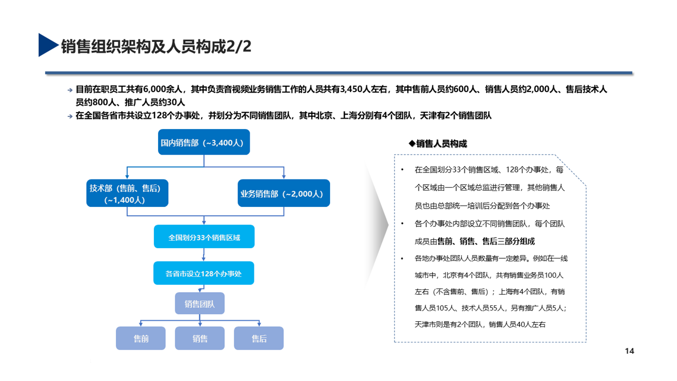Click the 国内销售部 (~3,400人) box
pos(204,143)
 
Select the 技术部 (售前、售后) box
pos(127,194)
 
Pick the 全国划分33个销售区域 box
pos(204,238)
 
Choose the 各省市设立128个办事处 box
pos(204,274)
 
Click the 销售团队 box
pos(199,304)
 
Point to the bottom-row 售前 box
pos(141,338)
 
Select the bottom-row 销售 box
pos(200,338)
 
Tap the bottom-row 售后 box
pos(259,338)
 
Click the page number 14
pos(629,351)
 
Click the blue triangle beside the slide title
pos(47,45)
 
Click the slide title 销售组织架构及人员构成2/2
pos(156,47)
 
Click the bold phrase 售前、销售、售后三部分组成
pos(486,241)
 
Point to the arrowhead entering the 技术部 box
pos(127,176)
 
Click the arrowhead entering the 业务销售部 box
pos(284,176)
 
